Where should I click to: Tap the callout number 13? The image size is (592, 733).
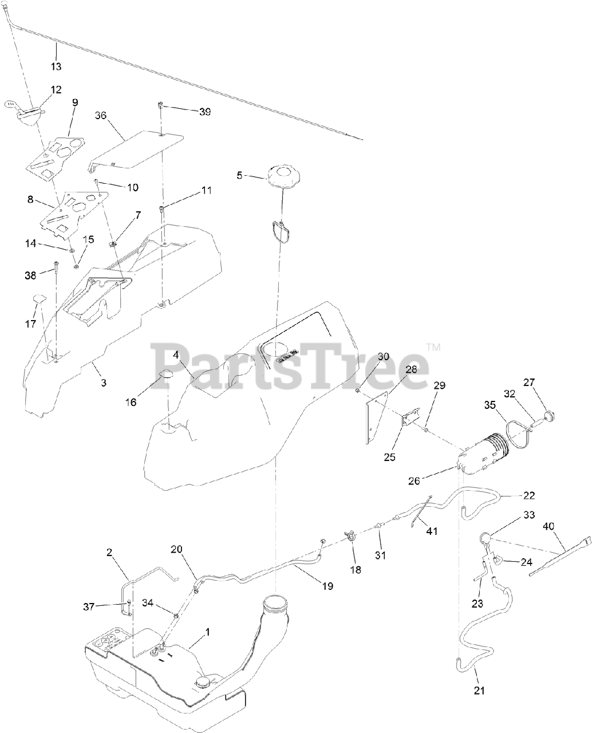click(x=56, y=66)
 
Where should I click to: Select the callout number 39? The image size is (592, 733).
click(x=204, y=112)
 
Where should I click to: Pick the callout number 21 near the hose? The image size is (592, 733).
click(x=480, y=691)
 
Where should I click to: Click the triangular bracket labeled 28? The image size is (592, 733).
click(x=376, y=412)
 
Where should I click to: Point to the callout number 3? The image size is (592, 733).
click(x=103, y=383)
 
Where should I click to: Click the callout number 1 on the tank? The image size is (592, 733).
click(x=207, y=632)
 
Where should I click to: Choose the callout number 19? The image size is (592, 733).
click(x=327, y=586)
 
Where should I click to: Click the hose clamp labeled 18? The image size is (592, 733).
click(x=351, y=537)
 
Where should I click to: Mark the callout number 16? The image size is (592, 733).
click(x=131, y=402)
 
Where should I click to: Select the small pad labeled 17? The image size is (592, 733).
click(x=40, y=298)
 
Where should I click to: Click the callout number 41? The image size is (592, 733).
click(x=431, y=531)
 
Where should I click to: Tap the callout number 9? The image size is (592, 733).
click(x=75, y=103)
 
